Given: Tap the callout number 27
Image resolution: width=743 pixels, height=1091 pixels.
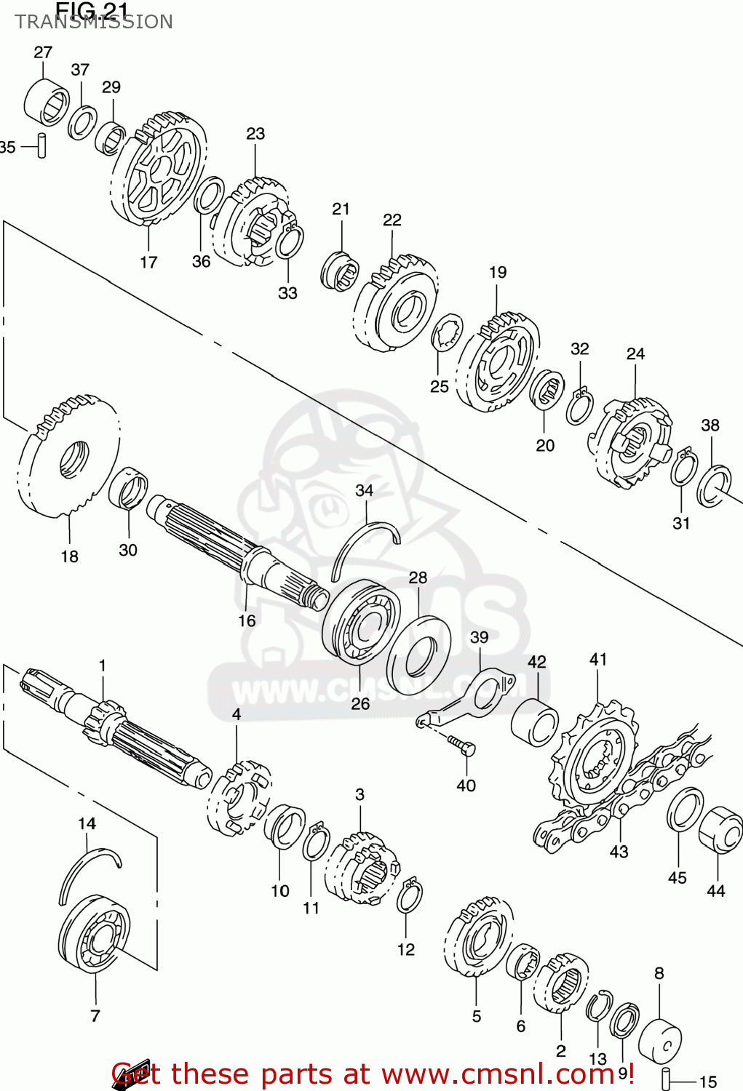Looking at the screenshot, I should (x=43, y=52).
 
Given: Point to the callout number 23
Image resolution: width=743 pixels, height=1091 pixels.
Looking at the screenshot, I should (x=255, y=134).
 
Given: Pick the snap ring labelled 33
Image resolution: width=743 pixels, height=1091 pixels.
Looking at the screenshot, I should (x=290, y=241).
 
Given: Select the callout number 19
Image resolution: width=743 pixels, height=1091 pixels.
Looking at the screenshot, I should (x=497, y=272).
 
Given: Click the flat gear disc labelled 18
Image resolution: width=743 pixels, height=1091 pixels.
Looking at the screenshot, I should (x=69, y=458).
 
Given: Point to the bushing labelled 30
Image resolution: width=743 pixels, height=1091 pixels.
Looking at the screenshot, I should (x=128, y=488).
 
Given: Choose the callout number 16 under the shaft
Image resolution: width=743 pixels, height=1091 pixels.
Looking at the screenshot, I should (x=247, y=620).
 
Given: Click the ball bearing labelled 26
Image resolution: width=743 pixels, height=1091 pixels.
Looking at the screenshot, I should (x=361, y=622).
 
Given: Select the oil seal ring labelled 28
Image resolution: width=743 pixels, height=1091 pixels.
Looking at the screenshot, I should (x=418, y=655).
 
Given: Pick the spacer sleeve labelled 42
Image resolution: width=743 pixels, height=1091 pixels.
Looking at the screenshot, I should (x=535, y=722).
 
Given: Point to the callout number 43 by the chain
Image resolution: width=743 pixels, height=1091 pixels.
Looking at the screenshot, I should (x=619, y=851).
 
